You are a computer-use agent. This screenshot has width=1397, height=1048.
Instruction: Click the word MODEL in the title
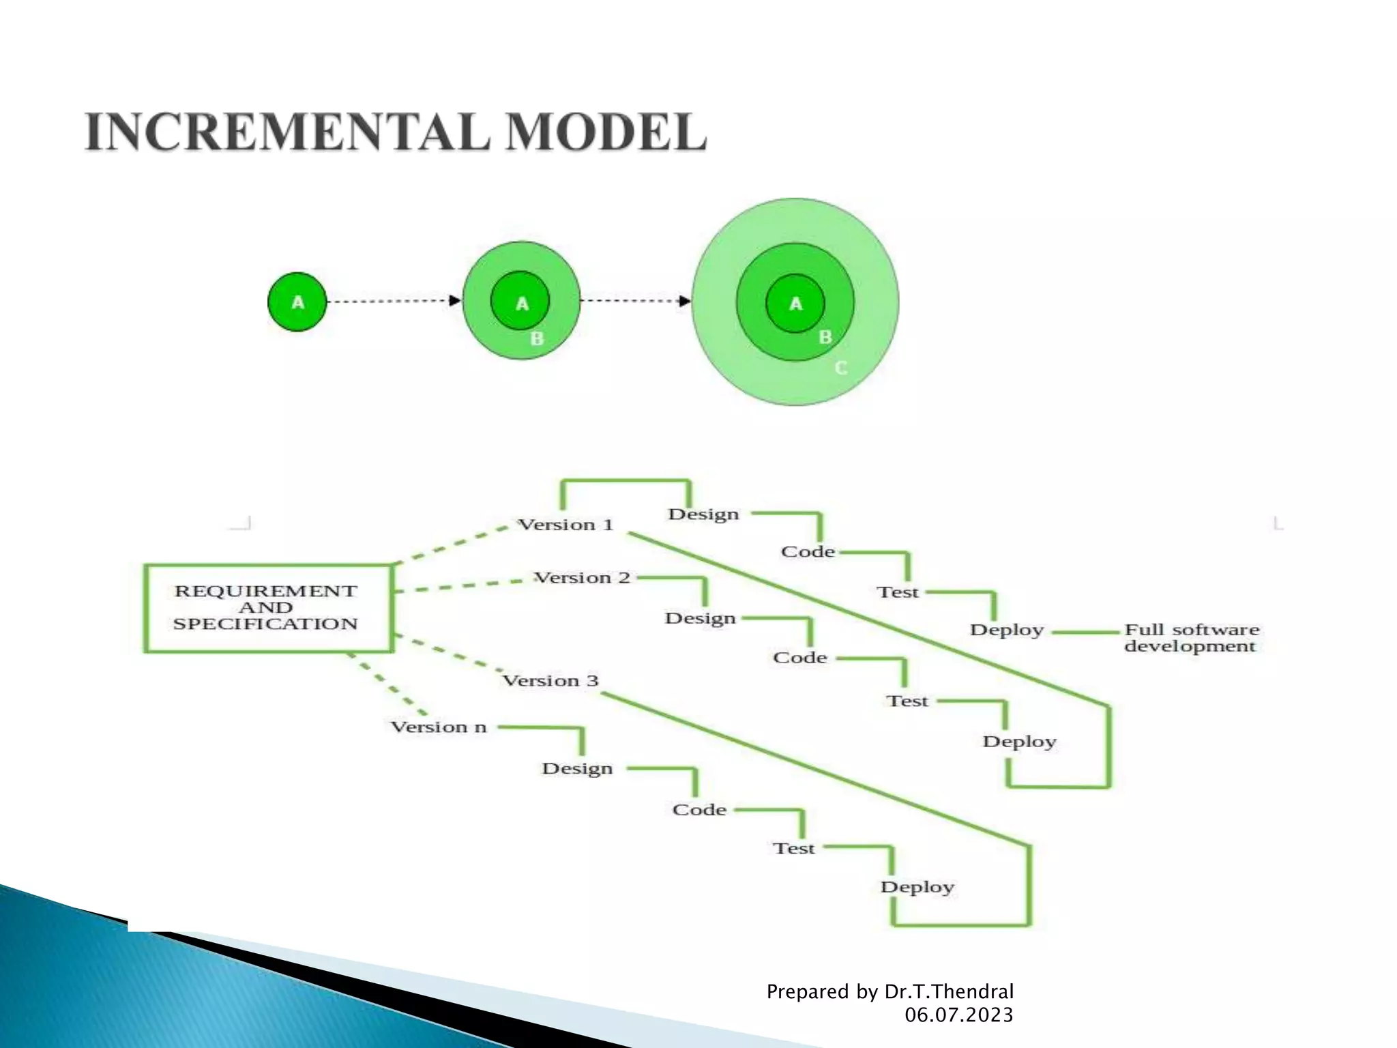(x=606, y=132)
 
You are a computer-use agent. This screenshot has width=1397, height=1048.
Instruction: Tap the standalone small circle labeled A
(x=297, y=302)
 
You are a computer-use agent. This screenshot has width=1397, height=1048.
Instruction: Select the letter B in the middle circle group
(x=537, y=338)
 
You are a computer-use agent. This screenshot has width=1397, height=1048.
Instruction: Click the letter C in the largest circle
(x=841, y=368)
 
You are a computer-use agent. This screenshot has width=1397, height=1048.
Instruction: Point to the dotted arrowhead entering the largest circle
(x=685, y=301)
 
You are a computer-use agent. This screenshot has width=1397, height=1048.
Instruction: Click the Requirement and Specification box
(x=268, y=608)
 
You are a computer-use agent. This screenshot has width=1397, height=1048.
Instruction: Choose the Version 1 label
(x=565, y=525)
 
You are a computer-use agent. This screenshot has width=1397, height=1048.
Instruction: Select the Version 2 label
(x=582, y=578)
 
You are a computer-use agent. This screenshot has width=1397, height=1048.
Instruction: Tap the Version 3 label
(x=550, y=681)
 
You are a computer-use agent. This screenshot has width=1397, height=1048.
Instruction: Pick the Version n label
(x=439, y=727)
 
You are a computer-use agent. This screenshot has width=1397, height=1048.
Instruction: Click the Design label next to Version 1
(x=703, y=514)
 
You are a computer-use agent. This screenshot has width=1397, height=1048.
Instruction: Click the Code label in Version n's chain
(x=699, y=810)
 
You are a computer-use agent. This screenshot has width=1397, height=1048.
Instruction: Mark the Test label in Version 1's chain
(x=898, y=592)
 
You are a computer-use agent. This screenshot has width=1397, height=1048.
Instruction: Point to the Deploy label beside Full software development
(x=1007, y=630)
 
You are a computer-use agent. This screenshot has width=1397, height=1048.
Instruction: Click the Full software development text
(x=1191, y=638)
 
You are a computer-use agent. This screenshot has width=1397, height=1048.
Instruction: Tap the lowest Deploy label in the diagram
(x=917, y=887)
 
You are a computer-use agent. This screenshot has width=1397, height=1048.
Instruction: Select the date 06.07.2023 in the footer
(x=958, y=1015)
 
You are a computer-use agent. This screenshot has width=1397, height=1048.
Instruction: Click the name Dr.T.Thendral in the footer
(x=949, y=991)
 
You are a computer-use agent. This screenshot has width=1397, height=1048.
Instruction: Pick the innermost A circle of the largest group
(x=795, y=304)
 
